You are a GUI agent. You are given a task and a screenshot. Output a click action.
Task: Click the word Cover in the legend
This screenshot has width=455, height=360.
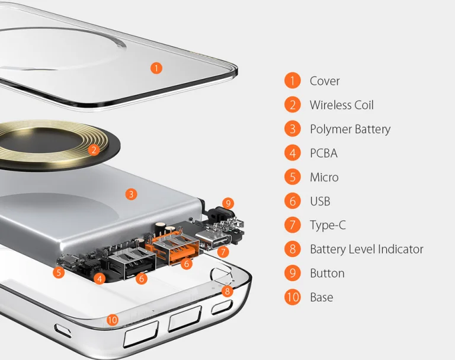point(325,81)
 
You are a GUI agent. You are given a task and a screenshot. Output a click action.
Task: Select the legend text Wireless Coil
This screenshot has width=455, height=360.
point(341,105)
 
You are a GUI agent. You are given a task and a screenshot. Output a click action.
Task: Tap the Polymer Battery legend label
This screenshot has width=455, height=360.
point(350,129)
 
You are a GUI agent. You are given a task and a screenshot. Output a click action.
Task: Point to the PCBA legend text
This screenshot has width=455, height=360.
point(323,153)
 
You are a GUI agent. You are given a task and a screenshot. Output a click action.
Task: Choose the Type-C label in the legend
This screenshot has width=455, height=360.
point(328,225)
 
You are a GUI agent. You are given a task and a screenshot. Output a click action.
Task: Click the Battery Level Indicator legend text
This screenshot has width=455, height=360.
point(367,249)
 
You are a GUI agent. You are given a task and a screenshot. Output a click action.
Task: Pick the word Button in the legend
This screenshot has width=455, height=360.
point(327,273)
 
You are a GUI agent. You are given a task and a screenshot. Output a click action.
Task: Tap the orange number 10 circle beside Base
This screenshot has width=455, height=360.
point(293,297)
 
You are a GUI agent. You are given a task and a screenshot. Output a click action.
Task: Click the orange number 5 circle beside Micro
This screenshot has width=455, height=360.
point(293,177)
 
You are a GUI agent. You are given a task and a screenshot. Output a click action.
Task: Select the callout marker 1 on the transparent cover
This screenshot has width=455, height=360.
point(156,68)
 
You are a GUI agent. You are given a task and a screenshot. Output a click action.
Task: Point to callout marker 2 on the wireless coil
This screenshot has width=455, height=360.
point(94,150)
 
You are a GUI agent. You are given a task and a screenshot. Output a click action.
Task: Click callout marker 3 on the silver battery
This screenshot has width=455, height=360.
point(131,194)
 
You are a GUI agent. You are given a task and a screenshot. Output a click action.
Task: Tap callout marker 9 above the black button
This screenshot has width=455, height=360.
point(228,203)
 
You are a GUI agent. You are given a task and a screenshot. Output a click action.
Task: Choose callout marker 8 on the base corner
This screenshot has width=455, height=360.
point(227,291)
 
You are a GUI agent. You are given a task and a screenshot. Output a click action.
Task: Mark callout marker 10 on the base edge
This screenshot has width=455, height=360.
point(113,320)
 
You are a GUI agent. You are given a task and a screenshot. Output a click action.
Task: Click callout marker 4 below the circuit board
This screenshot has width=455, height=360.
point(100,279)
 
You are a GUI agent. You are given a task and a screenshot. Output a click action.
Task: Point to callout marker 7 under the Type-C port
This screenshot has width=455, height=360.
point(223,251)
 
